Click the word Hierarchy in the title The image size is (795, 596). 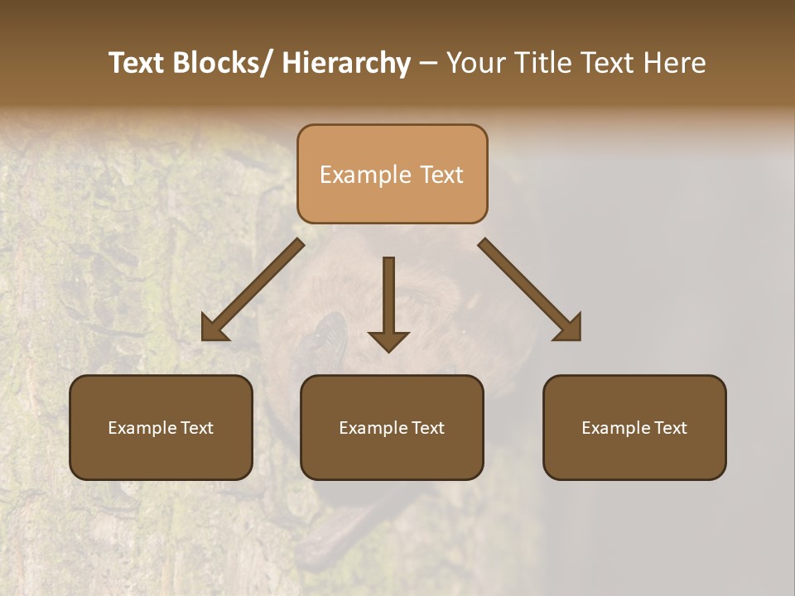346,63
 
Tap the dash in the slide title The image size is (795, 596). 428,63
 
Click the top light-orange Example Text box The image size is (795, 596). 392,174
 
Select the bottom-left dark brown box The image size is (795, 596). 161,427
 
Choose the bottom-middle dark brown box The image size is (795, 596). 392,427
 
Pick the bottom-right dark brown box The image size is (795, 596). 634,427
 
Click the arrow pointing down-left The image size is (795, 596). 253,289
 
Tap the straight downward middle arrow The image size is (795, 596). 388,298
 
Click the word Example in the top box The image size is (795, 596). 365,175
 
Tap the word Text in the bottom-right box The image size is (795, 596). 669,428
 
